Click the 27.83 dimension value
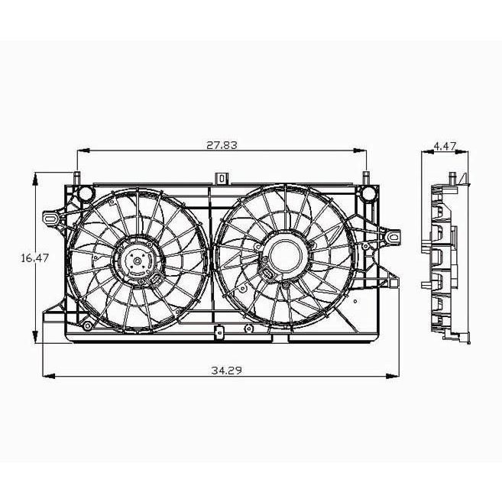pos(222,145)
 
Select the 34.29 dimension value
pos(227,371)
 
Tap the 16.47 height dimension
pos(34,257)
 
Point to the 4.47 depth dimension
pos(445,146)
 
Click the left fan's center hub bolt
pos(138,261)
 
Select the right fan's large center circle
pos(286,255)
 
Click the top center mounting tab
pos(222,178)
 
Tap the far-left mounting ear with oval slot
pos(51,219)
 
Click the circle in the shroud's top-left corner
pos(86,193)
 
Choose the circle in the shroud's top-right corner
pos(368,193)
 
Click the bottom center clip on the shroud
pos(219,332)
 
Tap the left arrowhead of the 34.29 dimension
pos(49,376)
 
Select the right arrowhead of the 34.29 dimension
pos(393,376)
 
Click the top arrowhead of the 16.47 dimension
pos(36,179)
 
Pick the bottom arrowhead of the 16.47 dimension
pos(35,337)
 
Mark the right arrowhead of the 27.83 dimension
pos(360,151)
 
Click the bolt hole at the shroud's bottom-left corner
pos(87,326)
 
